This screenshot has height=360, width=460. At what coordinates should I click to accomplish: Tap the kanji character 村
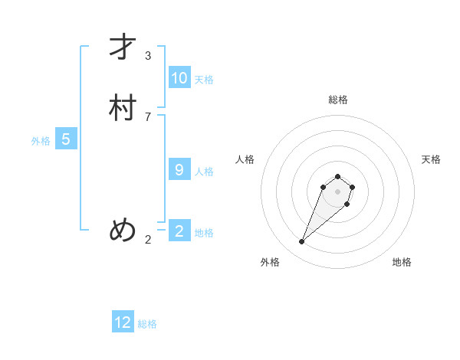123,108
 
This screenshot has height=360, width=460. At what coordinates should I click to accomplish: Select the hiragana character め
123,230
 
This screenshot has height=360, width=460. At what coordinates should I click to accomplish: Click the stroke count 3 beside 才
148,56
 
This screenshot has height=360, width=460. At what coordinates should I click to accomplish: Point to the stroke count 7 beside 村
148,116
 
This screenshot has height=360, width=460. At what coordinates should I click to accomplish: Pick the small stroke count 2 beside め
148,240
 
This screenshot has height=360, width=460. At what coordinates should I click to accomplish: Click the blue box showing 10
179,78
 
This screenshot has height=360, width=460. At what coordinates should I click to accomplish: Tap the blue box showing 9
179,170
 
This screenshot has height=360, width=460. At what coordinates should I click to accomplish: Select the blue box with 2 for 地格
179,231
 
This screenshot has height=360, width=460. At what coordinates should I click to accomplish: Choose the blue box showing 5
66,139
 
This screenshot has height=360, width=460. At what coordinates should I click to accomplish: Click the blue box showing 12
123,322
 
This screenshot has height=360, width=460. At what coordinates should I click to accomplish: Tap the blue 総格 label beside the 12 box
147,324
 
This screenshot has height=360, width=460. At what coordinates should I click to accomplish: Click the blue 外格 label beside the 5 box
41,141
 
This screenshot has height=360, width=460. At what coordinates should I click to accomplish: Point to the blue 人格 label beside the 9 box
204,172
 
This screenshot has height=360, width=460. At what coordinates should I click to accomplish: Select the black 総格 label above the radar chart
337,100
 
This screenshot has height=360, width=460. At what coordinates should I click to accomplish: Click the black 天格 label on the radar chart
431,159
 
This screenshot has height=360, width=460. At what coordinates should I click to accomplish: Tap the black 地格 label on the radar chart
402,262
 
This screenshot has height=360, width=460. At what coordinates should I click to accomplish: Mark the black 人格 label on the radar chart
245,159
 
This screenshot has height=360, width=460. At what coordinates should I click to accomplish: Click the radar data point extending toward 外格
302,242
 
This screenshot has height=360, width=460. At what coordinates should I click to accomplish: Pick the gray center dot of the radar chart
337,191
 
